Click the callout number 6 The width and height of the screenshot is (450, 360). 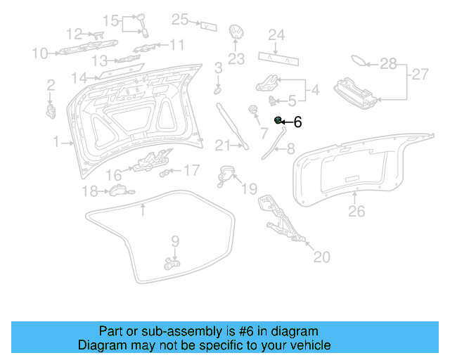pyautogui.click(x=297, y=122)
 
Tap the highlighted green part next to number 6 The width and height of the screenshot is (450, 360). pyautogui.click(x=278, y=121)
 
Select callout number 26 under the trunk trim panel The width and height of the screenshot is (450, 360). pyautogui.click(x=357, y=210)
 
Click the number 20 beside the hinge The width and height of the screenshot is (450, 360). pyautogui.click(x=321, y=257)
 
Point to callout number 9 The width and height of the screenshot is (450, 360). pyautogui.click(x=175, y=240)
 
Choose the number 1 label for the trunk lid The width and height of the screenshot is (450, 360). pyautogui.click(x=56, y=143)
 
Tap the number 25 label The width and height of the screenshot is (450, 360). pyautogui.click(x=181, y=20)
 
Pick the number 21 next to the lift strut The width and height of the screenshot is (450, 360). pyautogui.click(x=223, y=146)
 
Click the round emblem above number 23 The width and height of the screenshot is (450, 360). pyautogui.click(x=236, y=33)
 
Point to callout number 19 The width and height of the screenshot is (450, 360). pyautogui.click(x=250, y=188)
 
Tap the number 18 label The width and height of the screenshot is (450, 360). pyautogui.click(x=90, y=191)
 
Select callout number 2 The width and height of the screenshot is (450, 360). pyautogui.click(x=51, y=85)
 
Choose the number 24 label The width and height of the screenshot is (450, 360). pyautogui.click(x=276, y=34)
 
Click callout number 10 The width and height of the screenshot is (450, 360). pyautogui.click(x=39, y=53)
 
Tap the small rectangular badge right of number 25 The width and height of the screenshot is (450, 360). pyautogui.click(x=208, y=25)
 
